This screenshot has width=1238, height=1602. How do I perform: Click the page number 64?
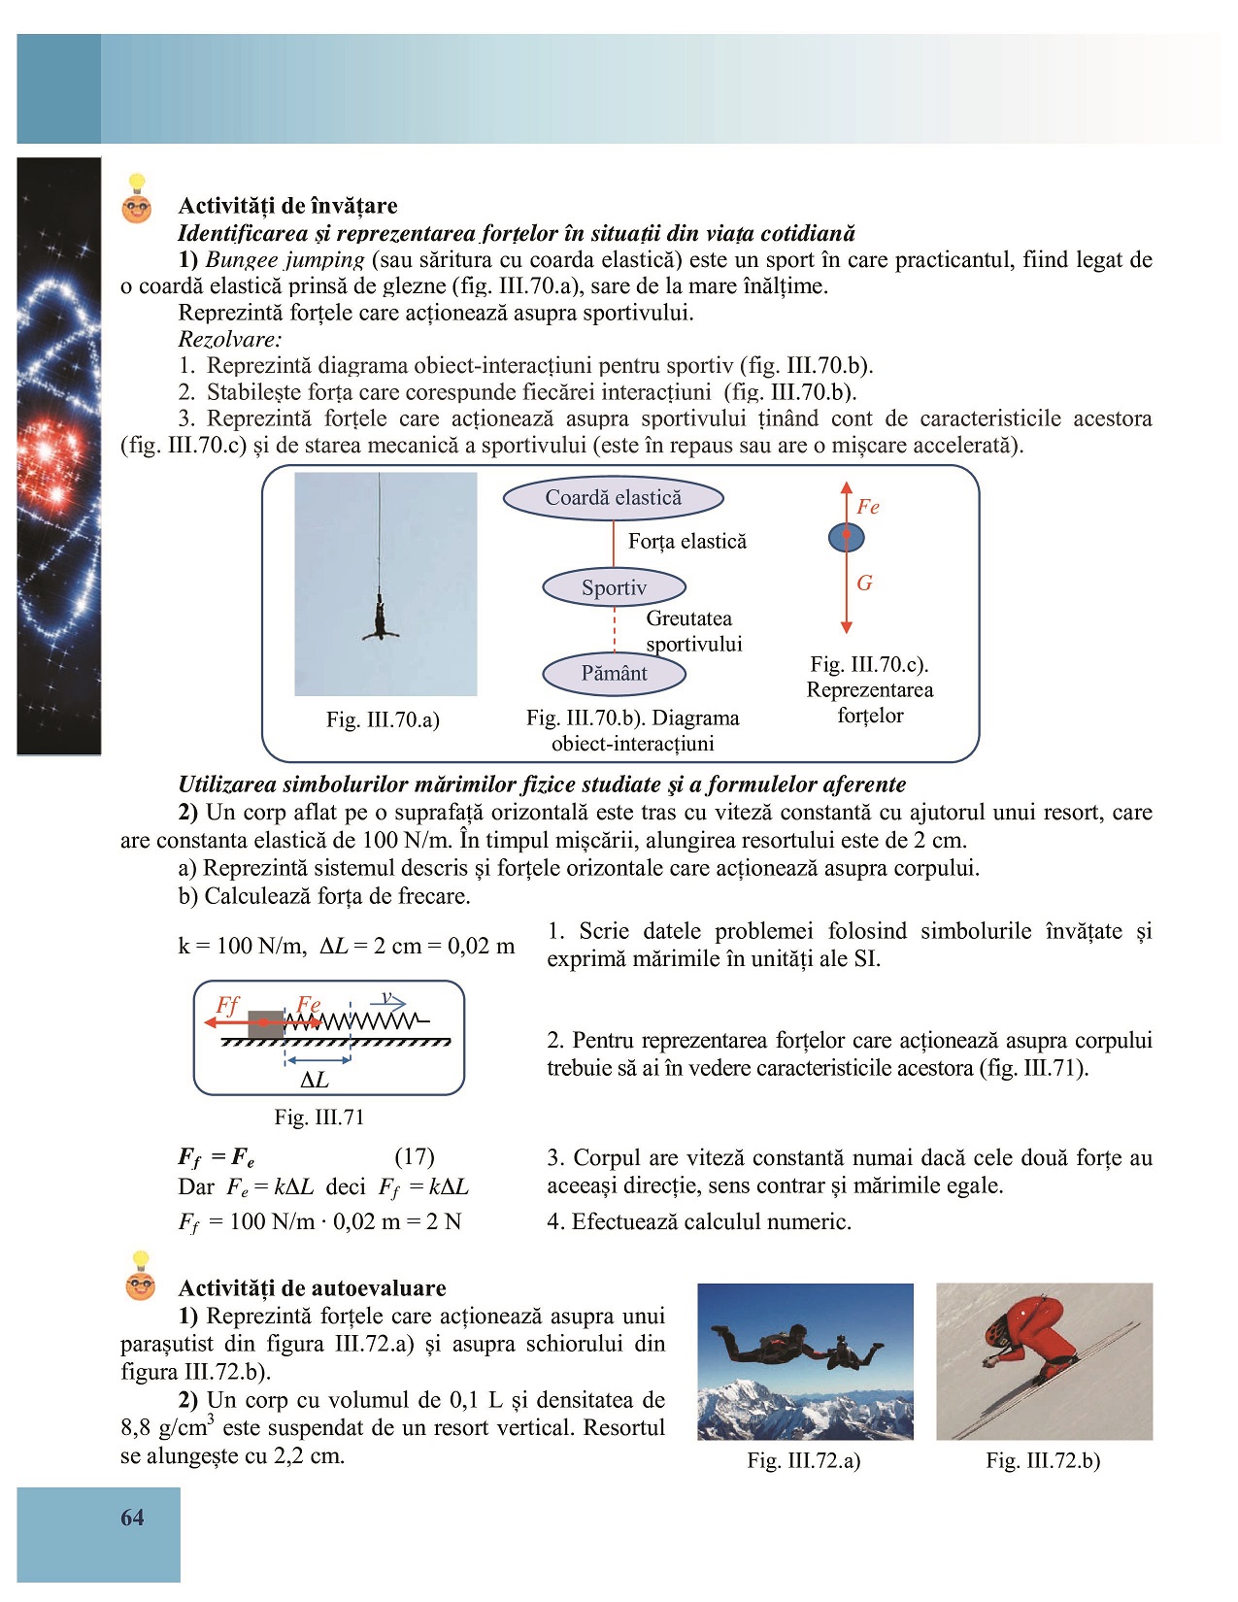[132, 1517]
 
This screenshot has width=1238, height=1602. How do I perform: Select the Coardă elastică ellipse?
[614, 498]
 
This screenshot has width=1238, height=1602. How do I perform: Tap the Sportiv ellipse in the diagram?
[614, 587]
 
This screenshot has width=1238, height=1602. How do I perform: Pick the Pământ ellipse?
[614, 673]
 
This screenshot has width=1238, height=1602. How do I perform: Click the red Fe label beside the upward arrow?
[868, 507]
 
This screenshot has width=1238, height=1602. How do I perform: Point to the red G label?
[864, 583]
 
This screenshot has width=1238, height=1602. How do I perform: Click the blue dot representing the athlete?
[846, 537]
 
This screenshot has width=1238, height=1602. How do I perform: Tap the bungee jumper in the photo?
[380, 619]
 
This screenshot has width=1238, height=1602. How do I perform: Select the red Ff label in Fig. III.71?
[227, 1005]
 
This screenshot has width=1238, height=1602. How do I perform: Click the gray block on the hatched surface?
[265, 1023]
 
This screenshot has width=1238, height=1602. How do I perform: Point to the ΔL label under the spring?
[315, 1080]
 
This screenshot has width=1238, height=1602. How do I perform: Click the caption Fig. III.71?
[319, 1118]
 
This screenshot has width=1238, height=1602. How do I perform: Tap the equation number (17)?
[415, 1156]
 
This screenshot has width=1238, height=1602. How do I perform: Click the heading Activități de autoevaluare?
[313, 1288]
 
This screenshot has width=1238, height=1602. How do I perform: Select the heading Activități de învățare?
[288, 206]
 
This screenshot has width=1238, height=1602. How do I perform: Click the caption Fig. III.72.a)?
[804, 1460]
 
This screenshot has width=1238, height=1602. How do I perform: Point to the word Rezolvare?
[230, 339]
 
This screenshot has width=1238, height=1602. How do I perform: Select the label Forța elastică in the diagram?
[687, 542]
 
